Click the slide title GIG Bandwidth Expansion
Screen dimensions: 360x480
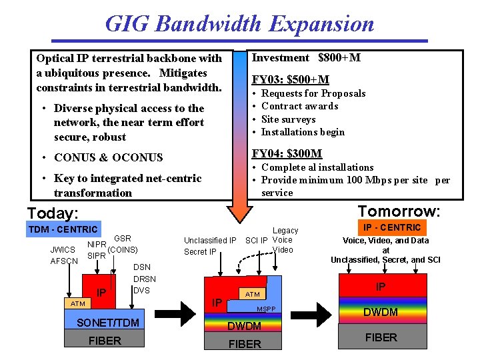click(239, 23)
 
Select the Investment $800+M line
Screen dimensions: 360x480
click(305, 58)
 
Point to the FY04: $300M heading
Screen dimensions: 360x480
click(287, 153)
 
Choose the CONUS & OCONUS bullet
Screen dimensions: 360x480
click(108, 157)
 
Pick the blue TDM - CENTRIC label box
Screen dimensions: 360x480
click(62, 229)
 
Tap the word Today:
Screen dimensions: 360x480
click(53, 213)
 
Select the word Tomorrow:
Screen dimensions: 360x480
click(399, 211)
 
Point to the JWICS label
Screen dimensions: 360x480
click(63, 250)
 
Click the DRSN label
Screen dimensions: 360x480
click(145, 279)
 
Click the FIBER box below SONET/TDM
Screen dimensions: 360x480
click(105, 341)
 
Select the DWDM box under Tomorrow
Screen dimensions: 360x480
click(381, 311)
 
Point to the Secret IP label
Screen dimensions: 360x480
click(200, 251)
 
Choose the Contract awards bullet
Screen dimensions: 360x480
click(299, 106)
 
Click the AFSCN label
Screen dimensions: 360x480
click(64, 261)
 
